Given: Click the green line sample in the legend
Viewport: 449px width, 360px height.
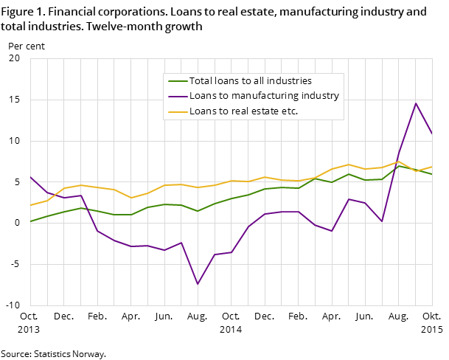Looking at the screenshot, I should (178, 81).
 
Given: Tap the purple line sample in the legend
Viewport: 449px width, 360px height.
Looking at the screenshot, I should (178, 96).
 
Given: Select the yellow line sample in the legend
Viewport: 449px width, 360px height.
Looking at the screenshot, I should (178, 112).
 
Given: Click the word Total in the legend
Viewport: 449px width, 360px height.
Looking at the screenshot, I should (201, 81).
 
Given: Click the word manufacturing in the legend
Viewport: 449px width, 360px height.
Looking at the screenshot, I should (263, 96).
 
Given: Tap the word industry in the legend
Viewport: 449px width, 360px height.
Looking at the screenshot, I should (321, 96).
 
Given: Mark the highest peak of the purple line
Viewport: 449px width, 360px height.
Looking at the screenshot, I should (416, 103).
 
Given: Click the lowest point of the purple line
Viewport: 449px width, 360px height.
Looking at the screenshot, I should (198, 284).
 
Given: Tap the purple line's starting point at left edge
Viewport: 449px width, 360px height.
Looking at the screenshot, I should (30, 177).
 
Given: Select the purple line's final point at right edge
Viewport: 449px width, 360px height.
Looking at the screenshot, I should (432, 134).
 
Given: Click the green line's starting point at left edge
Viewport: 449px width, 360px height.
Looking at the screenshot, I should (30, 221).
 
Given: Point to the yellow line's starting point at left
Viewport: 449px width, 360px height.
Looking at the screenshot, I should (30, 205).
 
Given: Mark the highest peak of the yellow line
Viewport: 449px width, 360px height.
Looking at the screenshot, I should (399, 161).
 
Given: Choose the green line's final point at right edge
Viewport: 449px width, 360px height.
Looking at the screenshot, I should (432, 174).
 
